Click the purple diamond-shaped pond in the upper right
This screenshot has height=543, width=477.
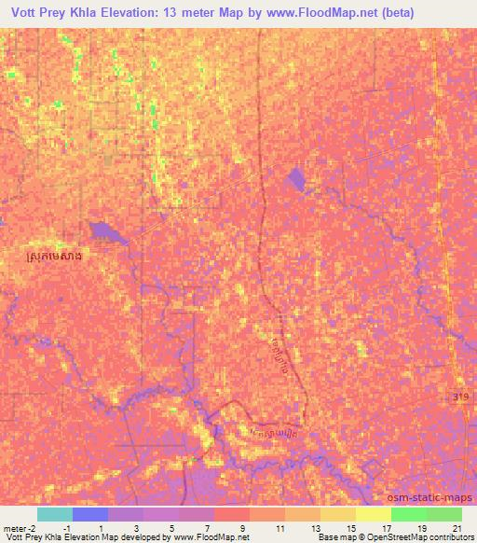click(298, 179)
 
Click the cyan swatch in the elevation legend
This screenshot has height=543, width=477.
click(54, 514)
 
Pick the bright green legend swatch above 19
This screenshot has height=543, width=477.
click(408, 514)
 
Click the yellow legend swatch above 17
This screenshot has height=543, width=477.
click(373, 514)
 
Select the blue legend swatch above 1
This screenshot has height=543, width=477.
click(90, 514)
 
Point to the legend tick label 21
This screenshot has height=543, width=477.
click(456, 527)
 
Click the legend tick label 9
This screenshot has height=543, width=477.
click(242, 527)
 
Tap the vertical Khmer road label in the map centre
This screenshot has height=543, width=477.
click(280, 345)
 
